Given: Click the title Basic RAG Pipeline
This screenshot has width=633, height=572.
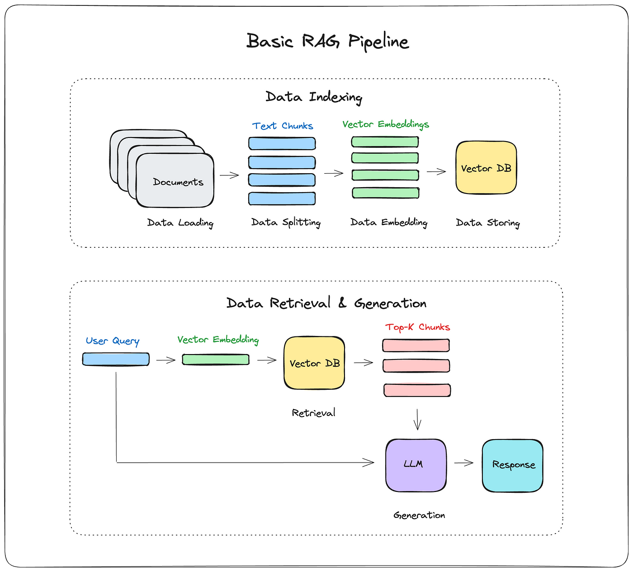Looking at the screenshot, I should coord(327,41).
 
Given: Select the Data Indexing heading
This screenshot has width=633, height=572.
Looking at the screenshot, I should coord(314,97).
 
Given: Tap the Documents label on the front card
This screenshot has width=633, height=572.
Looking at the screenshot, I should coord(178,182).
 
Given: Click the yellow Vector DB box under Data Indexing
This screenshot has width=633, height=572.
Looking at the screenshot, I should coord(486,168).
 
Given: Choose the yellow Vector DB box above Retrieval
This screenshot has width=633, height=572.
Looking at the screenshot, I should coord(314,363).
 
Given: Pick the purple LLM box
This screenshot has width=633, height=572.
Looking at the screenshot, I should coord(416,465).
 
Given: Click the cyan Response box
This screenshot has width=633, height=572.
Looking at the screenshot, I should coord(513,465).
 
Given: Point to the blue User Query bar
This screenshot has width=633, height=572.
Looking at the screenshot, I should coord(116,359).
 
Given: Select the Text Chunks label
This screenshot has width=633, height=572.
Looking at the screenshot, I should coord(283,126).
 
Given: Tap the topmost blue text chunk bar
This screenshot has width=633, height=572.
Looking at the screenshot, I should coord(282,144).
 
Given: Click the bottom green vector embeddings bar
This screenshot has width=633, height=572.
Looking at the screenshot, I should coord(385,193).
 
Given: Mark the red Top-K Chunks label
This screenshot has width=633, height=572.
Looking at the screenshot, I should coord(417,327).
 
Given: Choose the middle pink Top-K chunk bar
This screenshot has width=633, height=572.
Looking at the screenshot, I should coord(416,365).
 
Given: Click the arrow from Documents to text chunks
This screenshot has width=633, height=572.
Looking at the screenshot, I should coord(229,175).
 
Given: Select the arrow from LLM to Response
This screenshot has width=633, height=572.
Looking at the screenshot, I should coord(463,463).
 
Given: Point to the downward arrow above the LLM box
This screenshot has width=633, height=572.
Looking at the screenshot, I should coord(417,419).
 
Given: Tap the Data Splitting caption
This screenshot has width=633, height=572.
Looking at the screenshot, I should coord(286,222).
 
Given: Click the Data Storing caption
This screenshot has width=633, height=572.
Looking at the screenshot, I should coord(488,223).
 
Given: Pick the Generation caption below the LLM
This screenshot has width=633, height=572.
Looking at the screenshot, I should coord(419,515).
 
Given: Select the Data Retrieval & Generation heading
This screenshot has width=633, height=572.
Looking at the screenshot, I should coord(326,303).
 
